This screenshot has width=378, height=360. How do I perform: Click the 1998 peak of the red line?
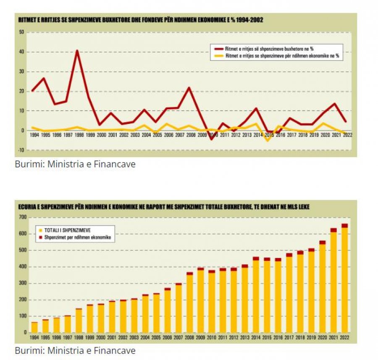[x=77, y=51]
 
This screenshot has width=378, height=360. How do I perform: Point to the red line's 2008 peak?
[x=189, y=88]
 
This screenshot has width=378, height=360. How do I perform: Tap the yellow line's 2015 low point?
[x=267, y=140]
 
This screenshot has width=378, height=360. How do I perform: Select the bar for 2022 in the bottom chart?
[x=345, y=279]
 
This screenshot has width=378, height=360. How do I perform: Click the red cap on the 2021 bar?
[x=333, y=230]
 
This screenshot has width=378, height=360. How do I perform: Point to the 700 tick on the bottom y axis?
[x=22, y=217]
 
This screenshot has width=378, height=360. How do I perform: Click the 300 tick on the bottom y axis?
[x=22, y=283]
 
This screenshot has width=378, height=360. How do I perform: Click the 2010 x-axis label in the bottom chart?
[x=212, y=338]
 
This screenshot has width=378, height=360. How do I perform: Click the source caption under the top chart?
[x=75, y=164]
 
